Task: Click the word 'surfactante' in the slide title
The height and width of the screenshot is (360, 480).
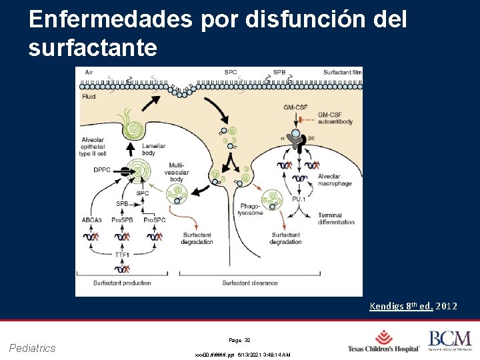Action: (x=93, y=47)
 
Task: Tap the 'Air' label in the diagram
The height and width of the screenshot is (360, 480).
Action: (x=89, y=72)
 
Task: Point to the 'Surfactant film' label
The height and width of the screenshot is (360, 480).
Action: (x=343, y=72)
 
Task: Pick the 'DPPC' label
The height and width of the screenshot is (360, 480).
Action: (x=103, y=169)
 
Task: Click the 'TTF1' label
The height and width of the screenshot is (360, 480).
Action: (x=122, y=254)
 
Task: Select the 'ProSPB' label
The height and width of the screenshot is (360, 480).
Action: (x=123, y=219)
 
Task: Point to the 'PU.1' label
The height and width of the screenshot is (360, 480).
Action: (x=299, y=198)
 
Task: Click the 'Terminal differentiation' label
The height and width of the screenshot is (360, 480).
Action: (x=337, y=219)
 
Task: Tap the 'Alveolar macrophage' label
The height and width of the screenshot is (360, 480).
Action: (x=334, y=180)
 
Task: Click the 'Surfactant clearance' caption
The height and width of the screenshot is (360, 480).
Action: (x=250, y=283)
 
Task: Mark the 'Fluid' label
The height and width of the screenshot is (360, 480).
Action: (x=89, y=97)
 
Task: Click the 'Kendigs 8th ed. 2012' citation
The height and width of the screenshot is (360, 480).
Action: (x=413, y=306)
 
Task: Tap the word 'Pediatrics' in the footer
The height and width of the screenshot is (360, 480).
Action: (x=33, y=347)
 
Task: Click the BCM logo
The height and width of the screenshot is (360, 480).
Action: (x=449, y=341)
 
